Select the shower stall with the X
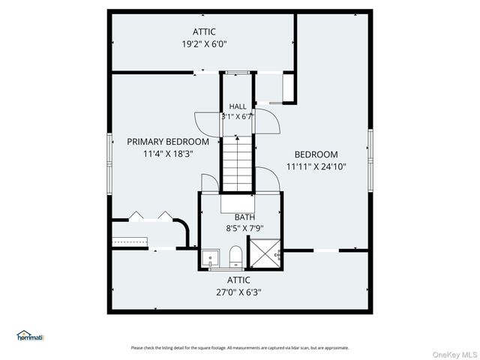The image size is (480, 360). click(x=263, y=253)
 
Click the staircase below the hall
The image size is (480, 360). click(x=238, y=163)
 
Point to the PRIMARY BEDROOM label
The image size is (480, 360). click(x=168, y=142)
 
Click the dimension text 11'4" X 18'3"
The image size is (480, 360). click(x=168, y=154)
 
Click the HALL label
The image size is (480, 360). click(x=238, y=106)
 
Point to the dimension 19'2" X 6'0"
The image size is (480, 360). click(x=204, y=44)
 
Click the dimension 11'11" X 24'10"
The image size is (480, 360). click(x=316, y=167)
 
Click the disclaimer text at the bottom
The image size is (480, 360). click(x=240, y=347)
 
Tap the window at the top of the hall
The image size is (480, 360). click(x=238, y=72)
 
